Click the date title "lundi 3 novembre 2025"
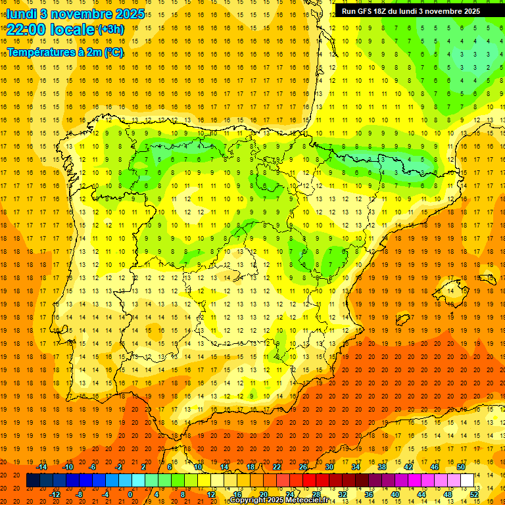point(76,13)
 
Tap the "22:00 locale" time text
point(51,30)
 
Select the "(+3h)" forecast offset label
point(110,30)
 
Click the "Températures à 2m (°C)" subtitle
point(65,53)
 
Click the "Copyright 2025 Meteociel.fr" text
point(279,500)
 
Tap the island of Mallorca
point(450,289)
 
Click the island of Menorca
point(487,278)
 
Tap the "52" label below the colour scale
point(475,494)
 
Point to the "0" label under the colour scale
point(130,494)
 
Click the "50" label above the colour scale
point(461,467)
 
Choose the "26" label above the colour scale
point(303,467)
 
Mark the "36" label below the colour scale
point(369,494)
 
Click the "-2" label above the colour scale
point(118,467)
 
